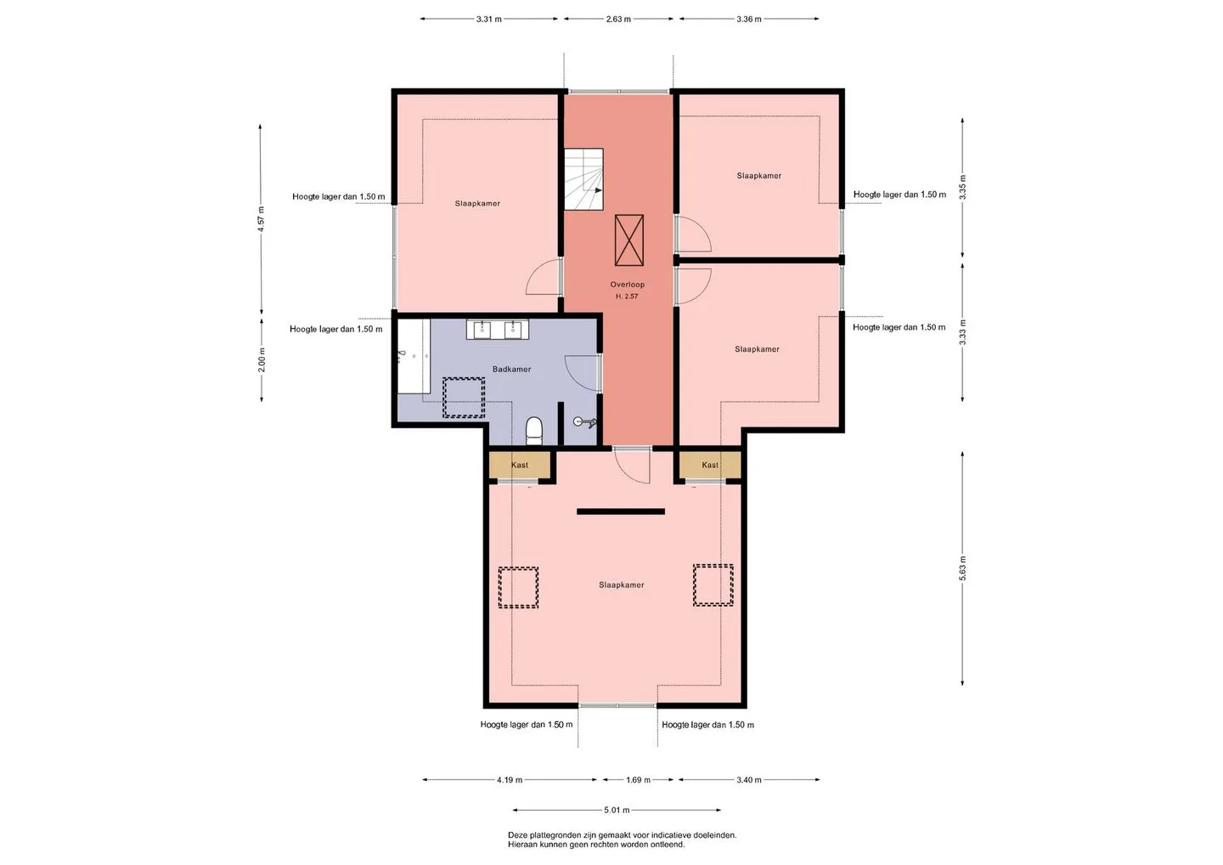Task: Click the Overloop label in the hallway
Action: [627, 285]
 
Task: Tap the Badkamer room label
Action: [511, 369]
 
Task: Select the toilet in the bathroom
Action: [533, 431]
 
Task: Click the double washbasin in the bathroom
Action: [498, 330]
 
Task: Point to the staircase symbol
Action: [583, 179]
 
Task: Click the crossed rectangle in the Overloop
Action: [629, 240]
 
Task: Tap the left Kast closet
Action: [519, 466]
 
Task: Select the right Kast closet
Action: [710, 466]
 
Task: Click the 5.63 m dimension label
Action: [962, 568]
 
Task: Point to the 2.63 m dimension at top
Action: [618, 19]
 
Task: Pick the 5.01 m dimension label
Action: [617, 810]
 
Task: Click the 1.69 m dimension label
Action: [638, 780]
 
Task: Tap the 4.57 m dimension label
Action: [262, 219]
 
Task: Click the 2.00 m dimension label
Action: [262, 360]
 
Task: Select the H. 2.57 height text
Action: [627, 297]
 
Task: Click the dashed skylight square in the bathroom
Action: [464, 398]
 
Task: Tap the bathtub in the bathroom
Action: [414, 356]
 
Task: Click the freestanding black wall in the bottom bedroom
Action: [621, 512]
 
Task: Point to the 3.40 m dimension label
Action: [748, 780]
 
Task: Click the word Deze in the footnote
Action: [517, 835]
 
